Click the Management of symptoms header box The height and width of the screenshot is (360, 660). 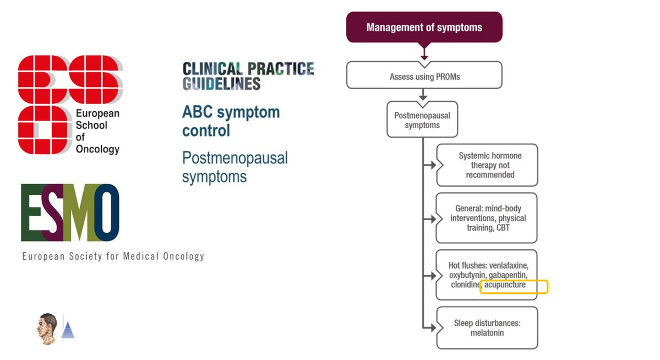(x=424, y=27)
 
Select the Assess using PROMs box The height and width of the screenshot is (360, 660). (x=424, y=77)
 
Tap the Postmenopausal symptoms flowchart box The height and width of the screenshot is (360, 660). (x=422, y=120)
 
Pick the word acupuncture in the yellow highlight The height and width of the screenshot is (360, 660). (x=505, y=285)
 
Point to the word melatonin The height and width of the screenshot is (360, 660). (x=487, y=333)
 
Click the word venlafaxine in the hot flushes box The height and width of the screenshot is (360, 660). (x=504, y=265)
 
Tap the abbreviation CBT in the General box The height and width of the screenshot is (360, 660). (x=503, y=228)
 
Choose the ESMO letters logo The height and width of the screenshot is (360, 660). (x=70, y=213)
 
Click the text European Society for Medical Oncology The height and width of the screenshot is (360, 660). (x=113, y=257)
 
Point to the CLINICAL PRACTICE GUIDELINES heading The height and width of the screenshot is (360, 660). (x=248, y=76)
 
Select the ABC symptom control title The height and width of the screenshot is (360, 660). (x=231, y=122)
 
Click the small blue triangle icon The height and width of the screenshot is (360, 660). (x=68, y=330)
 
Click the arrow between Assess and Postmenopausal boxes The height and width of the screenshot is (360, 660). (x=423, y=95)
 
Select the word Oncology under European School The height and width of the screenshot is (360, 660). (x=97, y=150)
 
